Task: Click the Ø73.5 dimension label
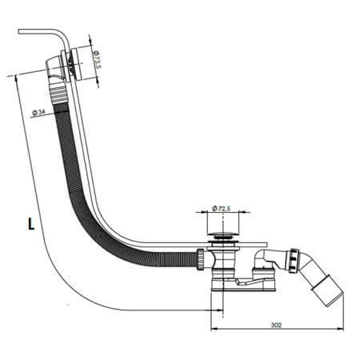coord(97,59)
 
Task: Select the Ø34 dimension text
coord(38,113)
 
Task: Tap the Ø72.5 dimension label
coord(221,209)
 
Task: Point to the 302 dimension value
coord(276,325)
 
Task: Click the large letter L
coord(31,224)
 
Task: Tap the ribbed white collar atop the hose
coord(58,94)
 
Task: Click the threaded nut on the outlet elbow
coord(294,261)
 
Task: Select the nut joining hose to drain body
coord(201,259)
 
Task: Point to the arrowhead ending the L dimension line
coord(220,310)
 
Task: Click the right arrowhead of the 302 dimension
coord(341,329)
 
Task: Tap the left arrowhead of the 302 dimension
coord(214,329)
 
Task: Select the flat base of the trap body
coord(244,287)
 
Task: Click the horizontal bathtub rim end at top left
coord(19,31)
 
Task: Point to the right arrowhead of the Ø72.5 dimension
coord(242,212)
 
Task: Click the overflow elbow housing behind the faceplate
coord(54,66)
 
